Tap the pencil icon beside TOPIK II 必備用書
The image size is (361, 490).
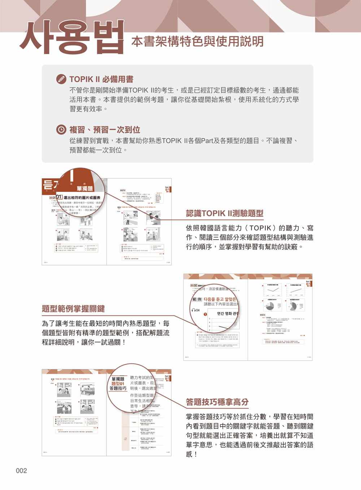point(61,79)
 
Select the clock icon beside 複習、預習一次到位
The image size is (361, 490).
point(61,130)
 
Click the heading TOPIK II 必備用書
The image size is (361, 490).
point(101,79)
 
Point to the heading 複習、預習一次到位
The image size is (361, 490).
point(105,130)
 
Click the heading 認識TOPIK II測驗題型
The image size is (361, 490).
point(224,213)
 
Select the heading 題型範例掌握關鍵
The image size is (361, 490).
point(73,309)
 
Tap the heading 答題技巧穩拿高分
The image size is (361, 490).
point(217,402)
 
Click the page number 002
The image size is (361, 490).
point(21,471)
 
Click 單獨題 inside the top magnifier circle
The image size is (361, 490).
point(84,188)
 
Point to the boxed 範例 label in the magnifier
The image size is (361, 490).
point(197,299)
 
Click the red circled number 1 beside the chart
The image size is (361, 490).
point(205,314)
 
